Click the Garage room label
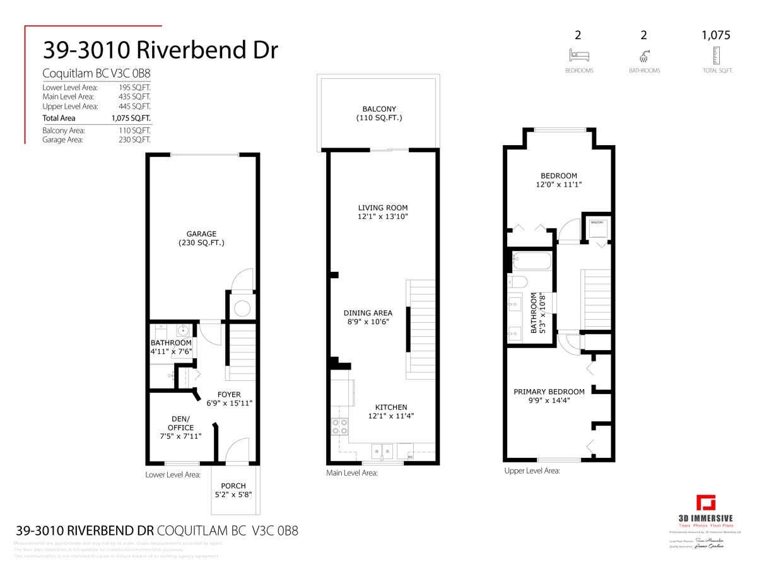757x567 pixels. [x=201, y=234]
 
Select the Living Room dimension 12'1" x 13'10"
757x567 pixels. [x=382, y=217]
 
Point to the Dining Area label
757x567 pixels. [x=368, y=313]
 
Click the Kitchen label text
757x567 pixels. [x=391, y=407]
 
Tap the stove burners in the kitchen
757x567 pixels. [x=340, y=427]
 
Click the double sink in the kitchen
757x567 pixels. [x=382, y=450]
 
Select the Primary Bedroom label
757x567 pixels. [x=549, y=392]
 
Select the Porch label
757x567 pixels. [x=233, y=486]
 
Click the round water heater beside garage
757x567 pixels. [x=242, y=308]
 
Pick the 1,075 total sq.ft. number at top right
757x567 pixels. [x=716, y=35]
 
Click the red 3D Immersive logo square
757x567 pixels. [x=706, y=504]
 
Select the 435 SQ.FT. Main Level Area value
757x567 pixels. [x=134, y=96]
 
